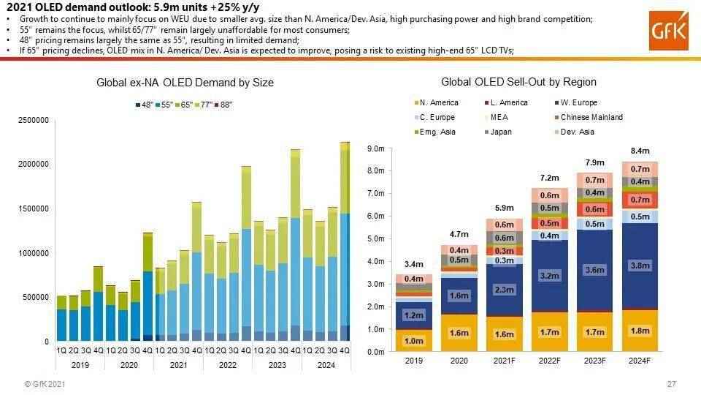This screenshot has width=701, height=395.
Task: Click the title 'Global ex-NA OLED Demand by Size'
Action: tap(185, 83)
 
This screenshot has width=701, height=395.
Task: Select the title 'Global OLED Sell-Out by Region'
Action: tap(518, 82)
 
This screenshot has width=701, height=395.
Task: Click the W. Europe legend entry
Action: tap(578, 103)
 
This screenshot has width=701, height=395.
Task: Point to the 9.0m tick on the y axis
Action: tap(375, 149)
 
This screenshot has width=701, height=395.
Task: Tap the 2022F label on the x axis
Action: tap(549, 361)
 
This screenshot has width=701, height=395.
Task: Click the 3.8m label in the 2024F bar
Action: tap(640, 266)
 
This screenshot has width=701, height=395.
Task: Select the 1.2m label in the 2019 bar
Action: tap(413, 315)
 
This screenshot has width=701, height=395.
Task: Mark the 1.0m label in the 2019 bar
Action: tap(413, 341)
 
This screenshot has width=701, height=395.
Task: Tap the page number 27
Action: tap(671, 384)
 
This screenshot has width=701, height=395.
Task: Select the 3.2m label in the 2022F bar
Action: tap(549, 276)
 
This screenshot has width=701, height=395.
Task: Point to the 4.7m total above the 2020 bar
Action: tap(459, 234)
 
